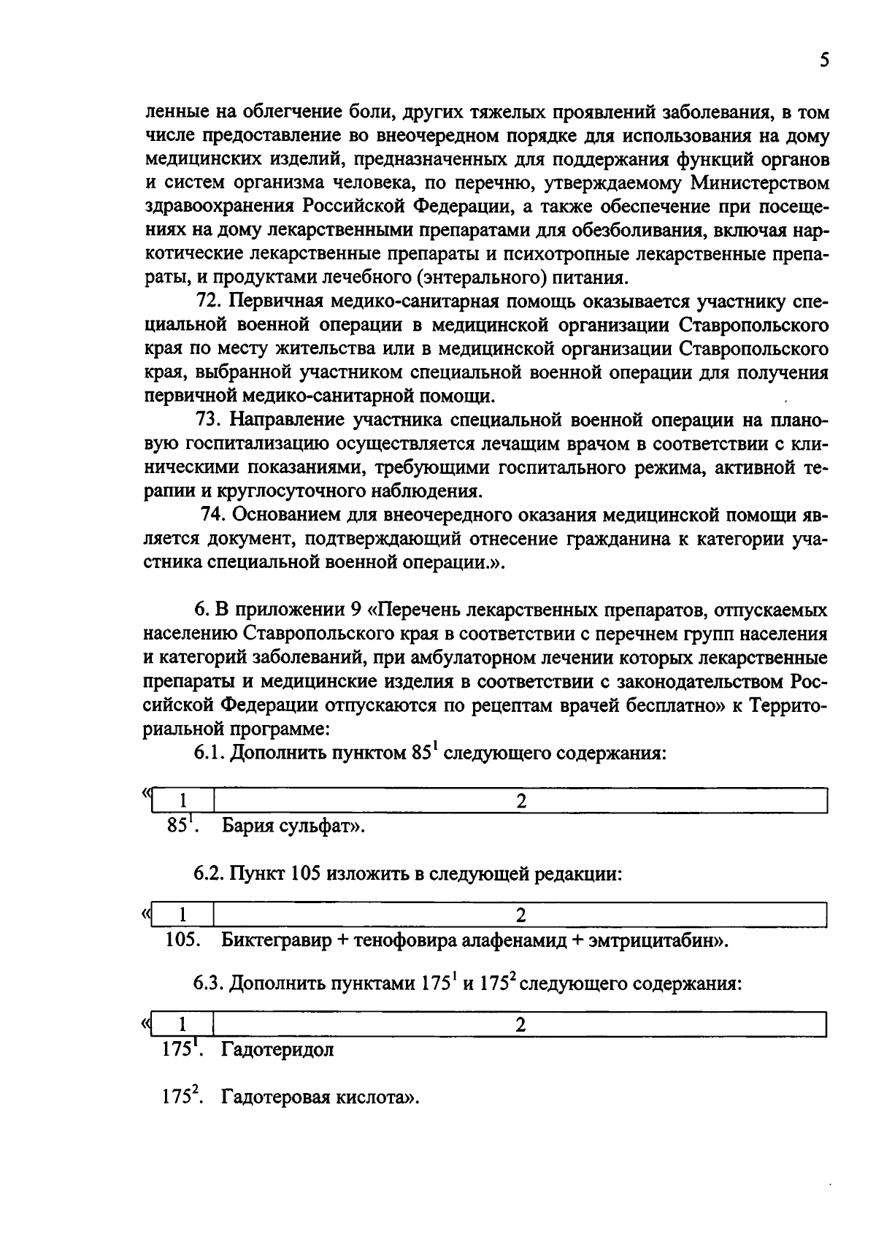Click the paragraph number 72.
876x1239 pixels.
[x=211, y=302]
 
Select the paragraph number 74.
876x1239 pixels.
[x=212, y=515]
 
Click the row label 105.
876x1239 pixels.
[x=182, y=940]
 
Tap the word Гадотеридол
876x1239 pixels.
[x=277, y=1051]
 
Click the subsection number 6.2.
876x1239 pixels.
[x=210, y=873]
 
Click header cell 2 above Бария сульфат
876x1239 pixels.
[x=520, y=801]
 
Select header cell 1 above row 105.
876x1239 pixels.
[x=183, y=915]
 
